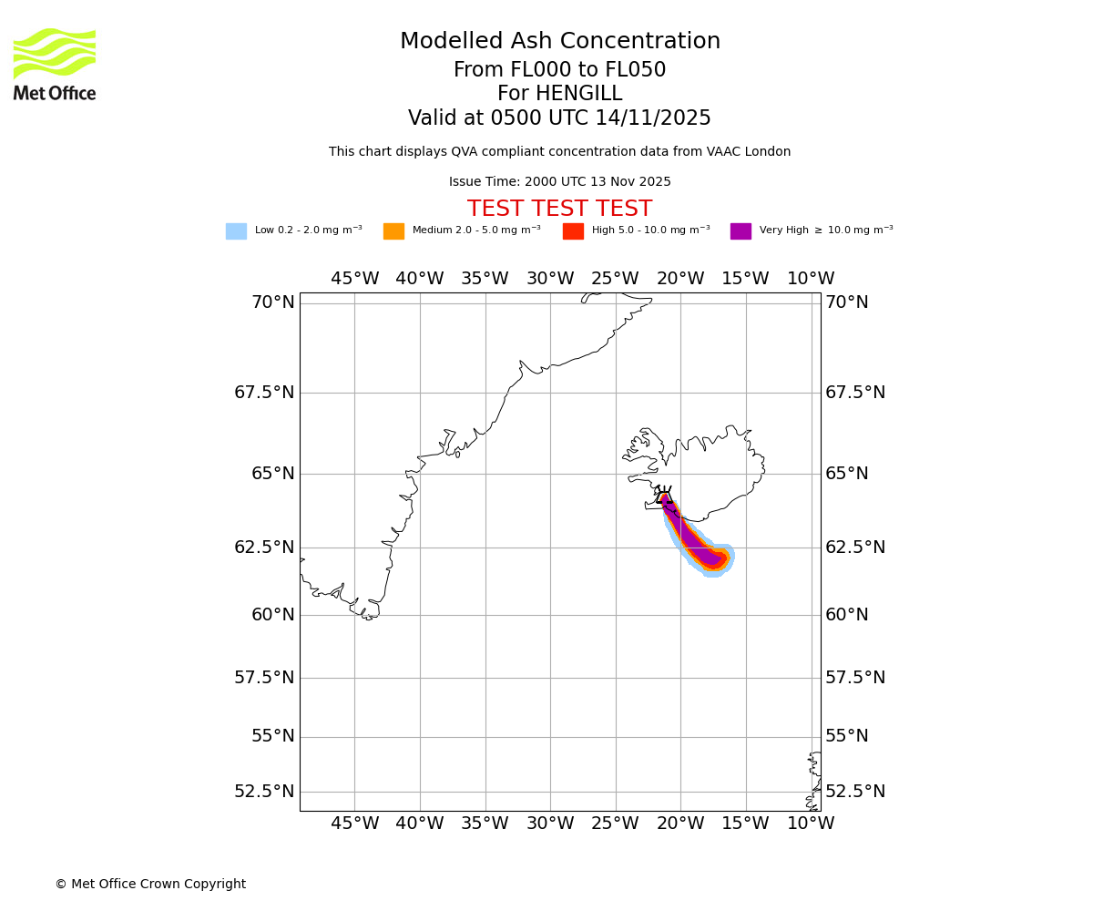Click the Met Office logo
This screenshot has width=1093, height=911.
[55, 64]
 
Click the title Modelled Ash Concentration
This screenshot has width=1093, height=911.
[559, 42]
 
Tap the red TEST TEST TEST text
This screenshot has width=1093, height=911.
[559, 210]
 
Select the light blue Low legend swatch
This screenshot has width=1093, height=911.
[236, 231]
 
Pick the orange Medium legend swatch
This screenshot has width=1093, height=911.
[393, 231]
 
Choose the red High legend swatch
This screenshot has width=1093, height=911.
[573, 231]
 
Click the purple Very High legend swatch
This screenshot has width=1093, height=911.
[741, 231]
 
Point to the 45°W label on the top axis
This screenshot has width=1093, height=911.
[354, 279]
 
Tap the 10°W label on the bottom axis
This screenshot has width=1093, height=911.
[811, 824]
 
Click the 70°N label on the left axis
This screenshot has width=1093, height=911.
[272, 302]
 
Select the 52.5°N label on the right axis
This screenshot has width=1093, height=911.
[854, 792]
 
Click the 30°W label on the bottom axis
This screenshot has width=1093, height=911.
[550, 824]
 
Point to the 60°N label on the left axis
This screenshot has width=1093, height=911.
[272, 615]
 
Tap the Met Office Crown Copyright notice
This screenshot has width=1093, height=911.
[150, 885]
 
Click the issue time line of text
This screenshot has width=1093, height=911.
[559, 182]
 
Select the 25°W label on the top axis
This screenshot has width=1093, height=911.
[615, 279]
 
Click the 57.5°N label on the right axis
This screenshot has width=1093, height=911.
[854, 678]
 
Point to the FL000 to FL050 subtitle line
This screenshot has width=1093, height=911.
[559, 70]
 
